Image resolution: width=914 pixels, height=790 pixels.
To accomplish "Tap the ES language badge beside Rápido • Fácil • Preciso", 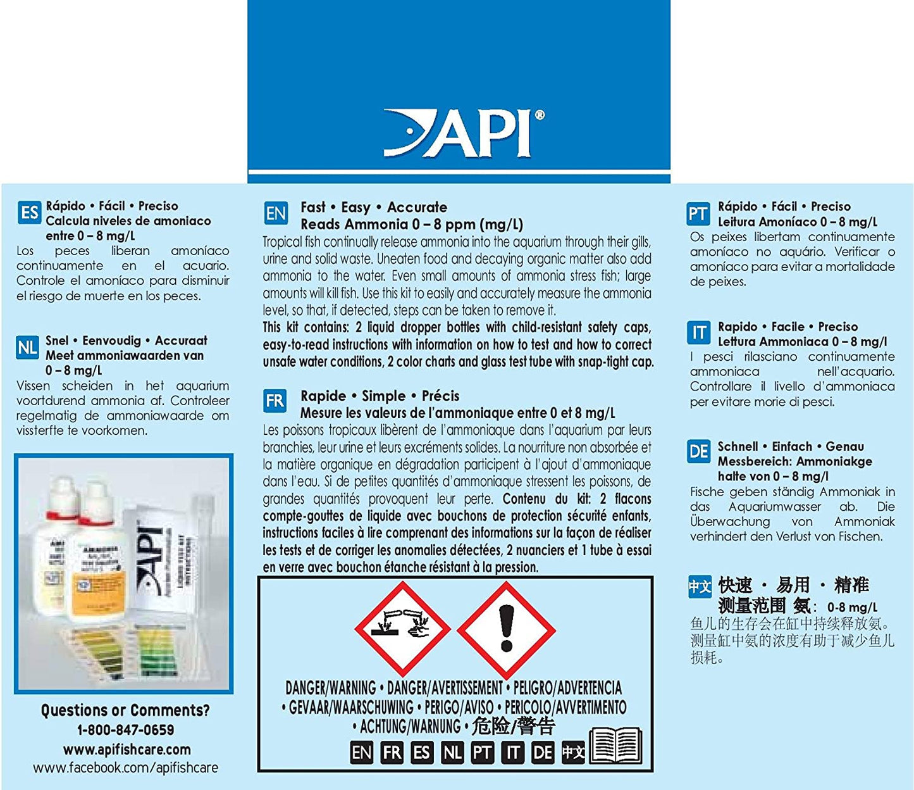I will (x=30, y=213).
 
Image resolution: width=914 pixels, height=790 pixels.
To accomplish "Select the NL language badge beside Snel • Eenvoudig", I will (x=28, y=348).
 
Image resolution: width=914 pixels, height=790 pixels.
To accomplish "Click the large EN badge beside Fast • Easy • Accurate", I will (x=276, y=214).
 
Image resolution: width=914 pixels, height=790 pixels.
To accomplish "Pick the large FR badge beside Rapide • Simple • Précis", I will (x=275, y=401).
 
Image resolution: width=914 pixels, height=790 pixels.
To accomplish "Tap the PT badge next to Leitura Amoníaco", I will (x=698, y=214).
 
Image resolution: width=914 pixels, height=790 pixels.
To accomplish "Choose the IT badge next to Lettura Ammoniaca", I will (x=699, y=333).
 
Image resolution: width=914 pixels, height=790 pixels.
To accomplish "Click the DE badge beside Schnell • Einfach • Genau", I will (x=698, y=452).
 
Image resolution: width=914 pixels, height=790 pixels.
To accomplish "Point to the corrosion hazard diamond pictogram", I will (x=403, y=629).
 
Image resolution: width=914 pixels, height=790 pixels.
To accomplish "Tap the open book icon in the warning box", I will (x=615, y=746).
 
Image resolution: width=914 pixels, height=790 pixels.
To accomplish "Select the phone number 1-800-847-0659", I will (x=125, y=730).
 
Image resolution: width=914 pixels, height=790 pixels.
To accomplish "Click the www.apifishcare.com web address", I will (x=127, y=749).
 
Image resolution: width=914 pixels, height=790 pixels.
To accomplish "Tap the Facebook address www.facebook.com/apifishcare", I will (x=125, y=768).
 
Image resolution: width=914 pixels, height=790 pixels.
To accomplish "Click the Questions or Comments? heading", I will (x=125, y=710).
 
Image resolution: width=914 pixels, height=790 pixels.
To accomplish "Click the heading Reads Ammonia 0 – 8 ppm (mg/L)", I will (x=412, y=224).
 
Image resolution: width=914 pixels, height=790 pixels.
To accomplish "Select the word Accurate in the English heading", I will (x=417, y=207).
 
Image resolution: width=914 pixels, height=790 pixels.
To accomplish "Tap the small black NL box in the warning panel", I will (x=452, y=753).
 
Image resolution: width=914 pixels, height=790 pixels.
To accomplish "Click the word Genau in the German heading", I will (x=844, y=446).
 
